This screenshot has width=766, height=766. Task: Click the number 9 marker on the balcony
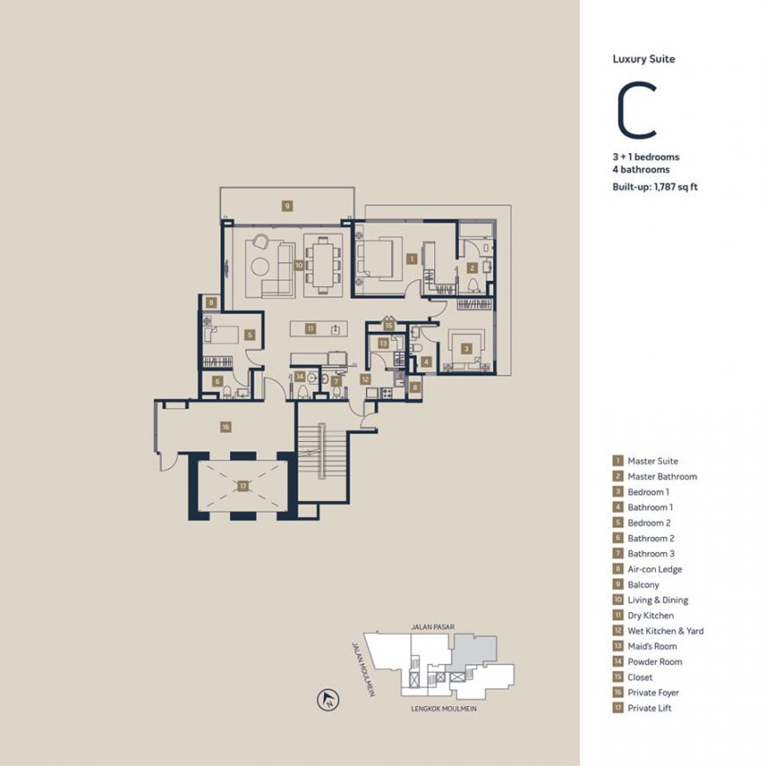(x=287, y=206)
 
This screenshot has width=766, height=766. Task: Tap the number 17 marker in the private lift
(x=243, y=486)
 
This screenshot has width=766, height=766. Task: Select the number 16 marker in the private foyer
(x=225, y=427)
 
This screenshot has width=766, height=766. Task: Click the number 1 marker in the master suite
(x=412, y=259)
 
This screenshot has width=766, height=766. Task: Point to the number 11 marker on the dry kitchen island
(x=311, y=328)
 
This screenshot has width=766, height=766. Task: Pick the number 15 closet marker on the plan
(x=389, y=326)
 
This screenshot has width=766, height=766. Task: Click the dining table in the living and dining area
(x=322, y=265)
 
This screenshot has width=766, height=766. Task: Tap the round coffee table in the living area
(x=260, y=266)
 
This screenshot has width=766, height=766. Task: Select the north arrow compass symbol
(x=328, y=700)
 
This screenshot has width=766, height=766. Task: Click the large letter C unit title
(x=637, y=111)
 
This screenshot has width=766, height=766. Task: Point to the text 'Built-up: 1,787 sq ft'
(x=655, y=187)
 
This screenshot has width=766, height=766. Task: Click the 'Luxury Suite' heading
(x=644, y=59)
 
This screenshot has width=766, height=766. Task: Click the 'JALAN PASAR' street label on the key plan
(x=433, y=627)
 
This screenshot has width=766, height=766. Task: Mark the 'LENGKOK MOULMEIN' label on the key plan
(x=444, y=709)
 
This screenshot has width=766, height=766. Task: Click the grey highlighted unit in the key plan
(x=473, y=652)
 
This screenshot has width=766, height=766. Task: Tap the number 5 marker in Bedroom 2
(x=250, y=335)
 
